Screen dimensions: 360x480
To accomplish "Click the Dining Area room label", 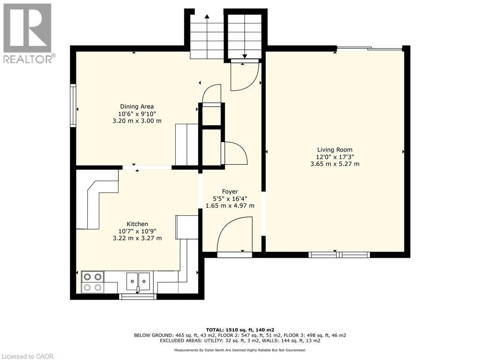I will [137, 106].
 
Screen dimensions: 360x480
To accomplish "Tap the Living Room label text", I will [335, 150].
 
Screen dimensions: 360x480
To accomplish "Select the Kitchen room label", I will [137, 224].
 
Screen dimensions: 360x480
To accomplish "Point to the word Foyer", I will [230, 191].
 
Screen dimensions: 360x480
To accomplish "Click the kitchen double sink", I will [138, 281].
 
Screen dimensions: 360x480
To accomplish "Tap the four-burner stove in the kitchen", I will [92, 282].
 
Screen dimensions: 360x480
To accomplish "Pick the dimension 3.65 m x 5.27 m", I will [335, 164].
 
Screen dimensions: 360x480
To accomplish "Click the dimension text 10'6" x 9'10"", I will [137, 113].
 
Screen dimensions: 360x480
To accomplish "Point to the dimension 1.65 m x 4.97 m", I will [230, 205].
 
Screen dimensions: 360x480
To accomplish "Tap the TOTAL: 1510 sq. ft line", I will [240, 330].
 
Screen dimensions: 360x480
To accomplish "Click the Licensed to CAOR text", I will [28, 356].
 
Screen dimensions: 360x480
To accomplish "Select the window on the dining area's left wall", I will [73, 105].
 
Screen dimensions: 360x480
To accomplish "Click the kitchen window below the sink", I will [138, 296].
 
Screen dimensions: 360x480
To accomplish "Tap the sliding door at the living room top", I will [369, 48].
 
